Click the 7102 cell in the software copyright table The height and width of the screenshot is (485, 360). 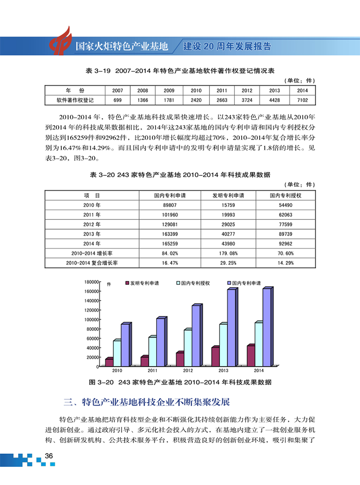point(302,100)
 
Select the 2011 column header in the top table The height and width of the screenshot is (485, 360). point(221,91)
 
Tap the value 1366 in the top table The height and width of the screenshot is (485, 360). point(143,100)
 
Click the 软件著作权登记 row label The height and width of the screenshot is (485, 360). point(75,100)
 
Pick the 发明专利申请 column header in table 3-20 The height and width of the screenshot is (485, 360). point(228,196)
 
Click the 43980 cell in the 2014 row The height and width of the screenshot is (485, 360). point(228,243)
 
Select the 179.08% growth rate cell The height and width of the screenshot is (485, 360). point(228,253)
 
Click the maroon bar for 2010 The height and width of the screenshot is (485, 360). point(109,362)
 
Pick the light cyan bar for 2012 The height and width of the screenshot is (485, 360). point(187,348)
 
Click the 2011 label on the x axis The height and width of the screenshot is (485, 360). point(152,370)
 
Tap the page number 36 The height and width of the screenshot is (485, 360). point(48,456)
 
